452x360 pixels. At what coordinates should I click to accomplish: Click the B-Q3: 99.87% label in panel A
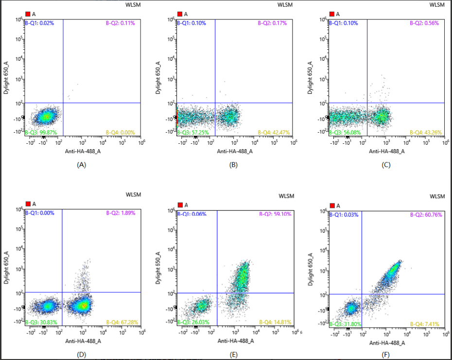click(39, 133)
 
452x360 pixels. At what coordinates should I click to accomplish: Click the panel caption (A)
click(82, 165)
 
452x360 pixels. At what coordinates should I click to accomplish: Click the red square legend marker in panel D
click(28, 204)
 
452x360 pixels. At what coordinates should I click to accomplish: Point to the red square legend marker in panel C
click(331, 14)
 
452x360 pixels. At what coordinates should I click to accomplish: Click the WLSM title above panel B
click(285, 5)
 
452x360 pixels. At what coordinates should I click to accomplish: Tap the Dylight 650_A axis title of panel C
click(311, 78)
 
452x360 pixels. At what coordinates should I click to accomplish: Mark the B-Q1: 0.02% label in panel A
click(39, 23)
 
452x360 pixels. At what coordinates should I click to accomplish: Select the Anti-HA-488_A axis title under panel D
click(83, 341)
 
